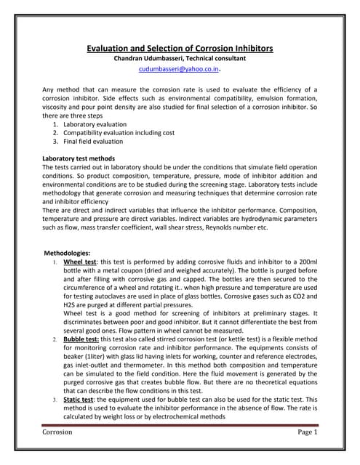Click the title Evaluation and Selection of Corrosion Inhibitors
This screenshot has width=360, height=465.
click(x=180, y=48)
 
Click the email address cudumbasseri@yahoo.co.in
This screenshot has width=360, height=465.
click(x=178, y=71)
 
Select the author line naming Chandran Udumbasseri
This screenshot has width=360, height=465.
click(x=180, y=59)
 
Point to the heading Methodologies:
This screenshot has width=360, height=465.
click(x=66, y=251)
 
